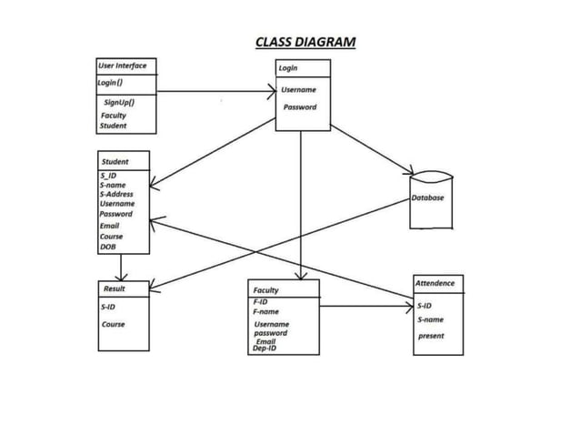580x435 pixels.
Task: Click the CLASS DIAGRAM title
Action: [305, 42]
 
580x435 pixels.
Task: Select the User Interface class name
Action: [122, 66]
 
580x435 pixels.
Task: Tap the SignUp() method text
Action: [119, 103]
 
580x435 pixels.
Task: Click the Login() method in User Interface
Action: [111, 83]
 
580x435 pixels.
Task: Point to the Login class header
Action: [288, 68]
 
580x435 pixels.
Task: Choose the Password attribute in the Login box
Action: [299, 107]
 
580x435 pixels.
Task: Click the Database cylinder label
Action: [427, 197]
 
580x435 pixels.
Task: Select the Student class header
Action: [115, 162]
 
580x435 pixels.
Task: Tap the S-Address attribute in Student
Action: [116, 194]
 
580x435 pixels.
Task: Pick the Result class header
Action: [115, 288]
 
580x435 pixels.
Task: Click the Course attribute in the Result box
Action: [114, 324]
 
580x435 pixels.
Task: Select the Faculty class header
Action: [266, 290]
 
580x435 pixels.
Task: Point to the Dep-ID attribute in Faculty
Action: [265, 349]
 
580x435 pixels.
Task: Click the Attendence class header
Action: [435, 284]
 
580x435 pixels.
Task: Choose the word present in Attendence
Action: [431, 336]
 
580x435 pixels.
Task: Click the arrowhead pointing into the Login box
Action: [270, 91]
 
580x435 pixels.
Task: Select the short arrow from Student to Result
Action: [120, 268]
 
